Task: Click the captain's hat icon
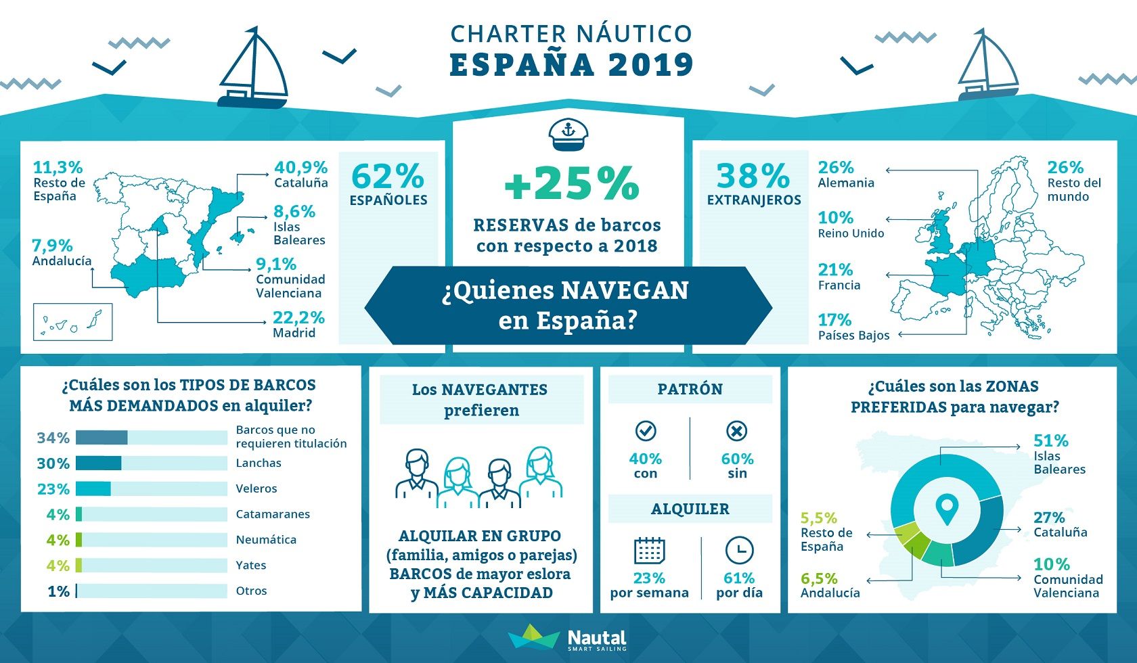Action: [x=568, y=135]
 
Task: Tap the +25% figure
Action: [x=571, y=183]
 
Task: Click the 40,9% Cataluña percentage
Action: [x=301, y=167]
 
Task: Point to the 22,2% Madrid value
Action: [x=298, y=317]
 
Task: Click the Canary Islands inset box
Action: [x=72, y=321]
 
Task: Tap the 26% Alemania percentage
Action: [x=835, y=167]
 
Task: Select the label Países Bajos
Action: [x=854, y=336]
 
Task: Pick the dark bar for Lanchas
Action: [x=99, y=463]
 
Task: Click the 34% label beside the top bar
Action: [x=53, y=437]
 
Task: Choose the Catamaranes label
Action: [x=273, y=514]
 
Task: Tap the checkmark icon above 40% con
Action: [x=646, y=431]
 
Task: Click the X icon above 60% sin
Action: [x=736, y=431]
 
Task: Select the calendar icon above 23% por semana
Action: [x=649, y=551]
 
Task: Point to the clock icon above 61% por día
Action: [x=739, y=551]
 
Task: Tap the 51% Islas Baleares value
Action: [x=1050, y=440]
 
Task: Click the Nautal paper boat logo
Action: [x=535, y=637]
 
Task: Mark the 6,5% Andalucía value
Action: [x=819, y=578]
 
